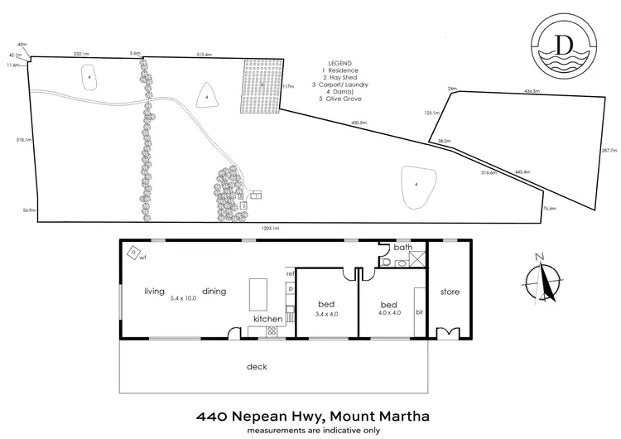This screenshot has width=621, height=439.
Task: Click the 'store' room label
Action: tap(450, 292)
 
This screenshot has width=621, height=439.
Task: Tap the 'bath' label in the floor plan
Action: tap(402, 247)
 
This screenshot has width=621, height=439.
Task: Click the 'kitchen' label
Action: tap(268, 319)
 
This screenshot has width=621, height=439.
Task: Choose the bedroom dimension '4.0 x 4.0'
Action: tap(389, 313)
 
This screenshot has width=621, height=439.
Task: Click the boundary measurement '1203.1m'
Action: tap(270, 228)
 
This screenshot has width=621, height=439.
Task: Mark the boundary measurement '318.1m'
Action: tap(23, 140)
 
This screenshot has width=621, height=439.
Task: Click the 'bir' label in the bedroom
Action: tap(420, 312)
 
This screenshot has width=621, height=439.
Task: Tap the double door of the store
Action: tap(448, 334)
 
